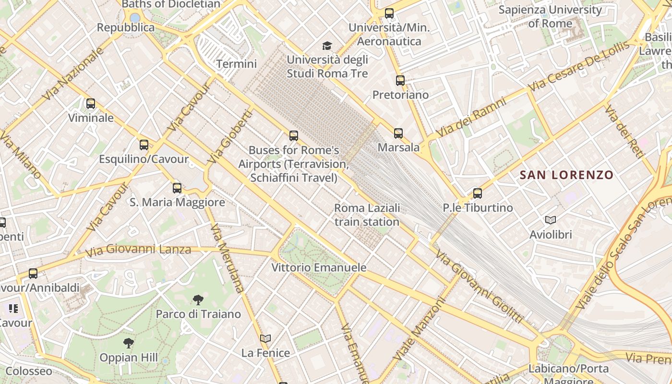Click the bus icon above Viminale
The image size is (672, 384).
click(x=90, y=103)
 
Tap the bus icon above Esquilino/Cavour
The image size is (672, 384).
click(x=144, y=144)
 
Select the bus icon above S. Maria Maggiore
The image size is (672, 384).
click(x=177, y=188)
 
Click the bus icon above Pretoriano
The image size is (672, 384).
click(x=400, y=81)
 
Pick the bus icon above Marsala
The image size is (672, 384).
click(x=398, y=133)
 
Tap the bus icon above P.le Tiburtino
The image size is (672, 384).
click(x=478, y=193)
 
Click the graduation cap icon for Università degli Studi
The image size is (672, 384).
click(x=327, y=46)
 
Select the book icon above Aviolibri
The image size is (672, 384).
click(x=551, y=220)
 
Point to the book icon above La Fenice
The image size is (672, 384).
click(x=265, y=338)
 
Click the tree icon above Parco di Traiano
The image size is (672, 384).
click(x=198, y=300)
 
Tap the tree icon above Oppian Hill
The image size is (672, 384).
click(x=128, y=343)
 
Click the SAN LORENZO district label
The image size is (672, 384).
click(x=566, y=175)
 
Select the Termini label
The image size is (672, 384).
click(x=236, y=64)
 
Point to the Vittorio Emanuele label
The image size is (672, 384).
click(x=319, y=267)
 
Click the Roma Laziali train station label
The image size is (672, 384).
click(x=367, y=215)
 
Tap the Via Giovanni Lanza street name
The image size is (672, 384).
click(x=138, y=250)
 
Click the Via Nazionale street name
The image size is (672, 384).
click(x=73, y=74)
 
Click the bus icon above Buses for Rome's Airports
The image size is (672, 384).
click(x=294, y=136)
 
